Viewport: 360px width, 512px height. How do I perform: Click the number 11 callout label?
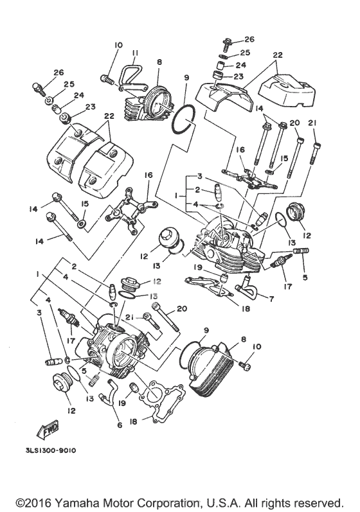click(x=136, y=53)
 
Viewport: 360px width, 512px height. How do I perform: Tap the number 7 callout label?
click(x=272, y=298)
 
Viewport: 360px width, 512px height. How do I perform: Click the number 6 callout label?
click(x=120, y=425)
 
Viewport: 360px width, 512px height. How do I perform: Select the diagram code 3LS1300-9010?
click(x=51, y=450)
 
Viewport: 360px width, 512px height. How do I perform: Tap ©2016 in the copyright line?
click(x=34, y=502)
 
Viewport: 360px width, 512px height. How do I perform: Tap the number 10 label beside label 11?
click(x=118, y=45)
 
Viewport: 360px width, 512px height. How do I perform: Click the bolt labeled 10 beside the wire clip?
click(x=107, y=78)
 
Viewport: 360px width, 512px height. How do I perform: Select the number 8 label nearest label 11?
click(x=159, y=62)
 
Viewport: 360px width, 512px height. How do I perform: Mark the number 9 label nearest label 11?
click(x=186, y=77)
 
